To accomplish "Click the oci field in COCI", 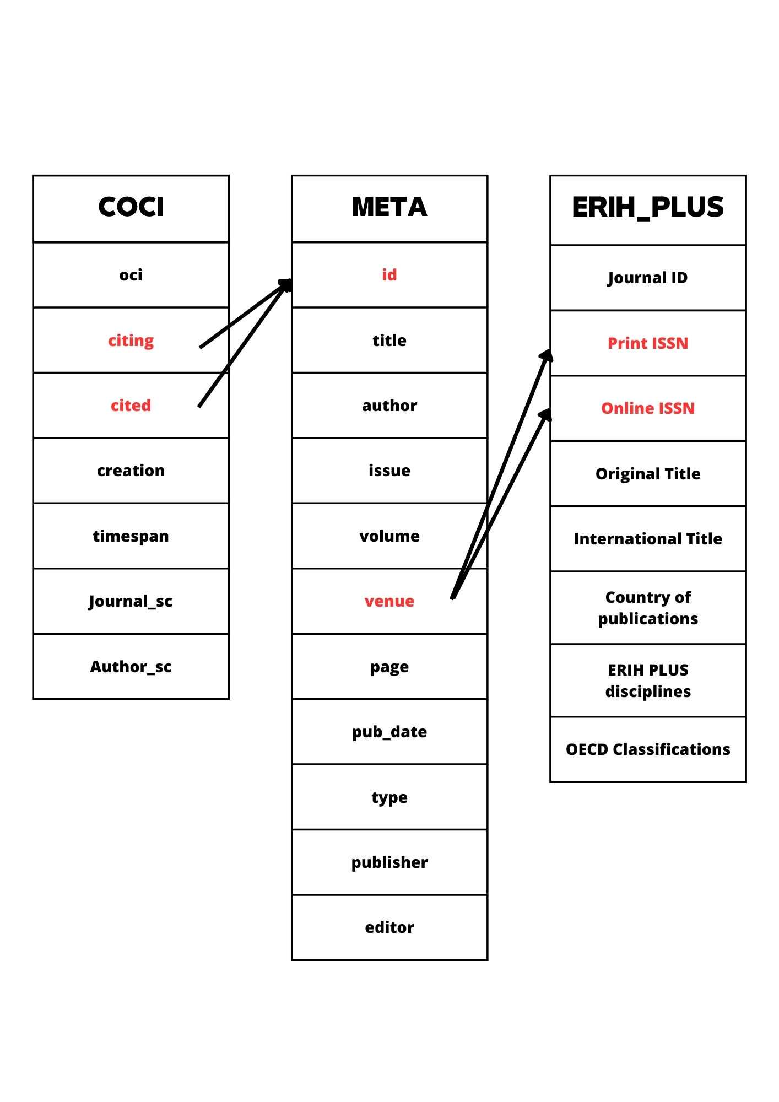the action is pyautogui.click(x=131, y=274).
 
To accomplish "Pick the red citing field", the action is pyautogui.click(x=131, y=341).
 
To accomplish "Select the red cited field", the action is pyautogui.click(x=131, y=406).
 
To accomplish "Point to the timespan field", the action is pyautogui.click(x=131, y=536).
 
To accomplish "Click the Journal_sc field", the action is pyautogui.click(x=131, y=601).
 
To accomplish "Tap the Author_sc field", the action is pyautogui.click(x=131, y=667).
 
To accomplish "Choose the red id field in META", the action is pyautogui.click(x=389, y=274).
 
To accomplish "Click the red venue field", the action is pyautogui.click(x=389, y=601).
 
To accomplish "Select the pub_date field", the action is pyautogui.click(x=389, y=732).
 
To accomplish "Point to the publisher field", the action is pyautogui.click(x=389, y=862).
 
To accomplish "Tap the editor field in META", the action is pyautogui.click(x=389, y=927).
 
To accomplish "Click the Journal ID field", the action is pyautogui.click(x=648, y=278).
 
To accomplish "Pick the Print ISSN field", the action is pyautogui.click(x=648, y=343).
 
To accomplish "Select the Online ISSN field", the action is pyautogui.click(x=648, y=408).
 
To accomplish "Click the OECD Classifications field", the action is pyautogui.click(x=648, y=749).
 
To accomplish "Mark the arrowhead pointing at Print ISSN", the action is pyautogui.click(x=547, y=355).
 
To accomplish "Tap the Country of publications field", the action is pyautogui.click(x=648, y=608).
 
